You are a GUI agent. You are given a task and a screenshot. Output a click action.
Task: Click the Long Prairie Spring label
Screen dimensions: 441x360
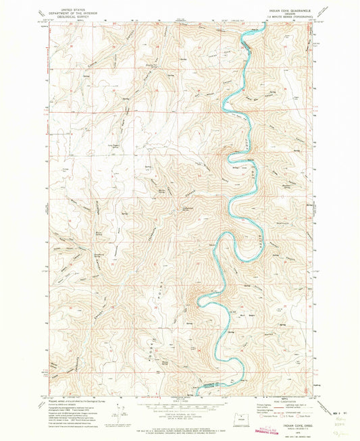pyautogui.click(x=101, y=144)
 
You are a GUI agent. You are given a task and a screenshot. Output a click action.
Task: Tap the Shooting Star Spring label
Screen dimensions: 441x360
pyautogui.click(x=145, y=65)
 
